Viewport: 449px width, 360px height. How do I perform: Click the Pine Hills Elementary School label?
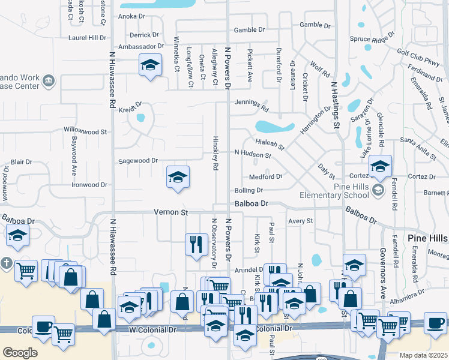[334, 191]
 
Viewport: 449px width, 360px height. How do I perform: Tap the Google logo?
[20, 353]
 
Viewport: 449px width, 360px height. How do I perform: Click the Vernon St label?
[171, 212]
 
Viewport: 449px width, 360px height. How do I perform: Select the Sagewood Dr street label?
[137, 161]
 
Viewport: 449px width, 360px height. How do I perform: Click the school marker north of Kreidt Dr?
[150, 65]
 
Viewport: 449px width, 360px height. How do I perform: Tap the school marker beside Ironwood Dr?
[178, 177]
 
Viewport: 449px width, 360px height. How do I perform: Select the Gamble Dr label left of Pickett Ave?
[249, 29]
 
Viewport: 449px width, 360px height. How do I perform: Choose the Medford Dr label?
[266, 177]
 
